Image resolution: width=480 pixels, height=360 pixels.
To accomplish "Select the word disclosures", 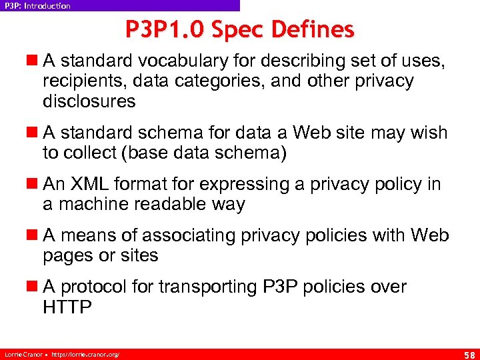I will pyautogui.click(x=89, y=101).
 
